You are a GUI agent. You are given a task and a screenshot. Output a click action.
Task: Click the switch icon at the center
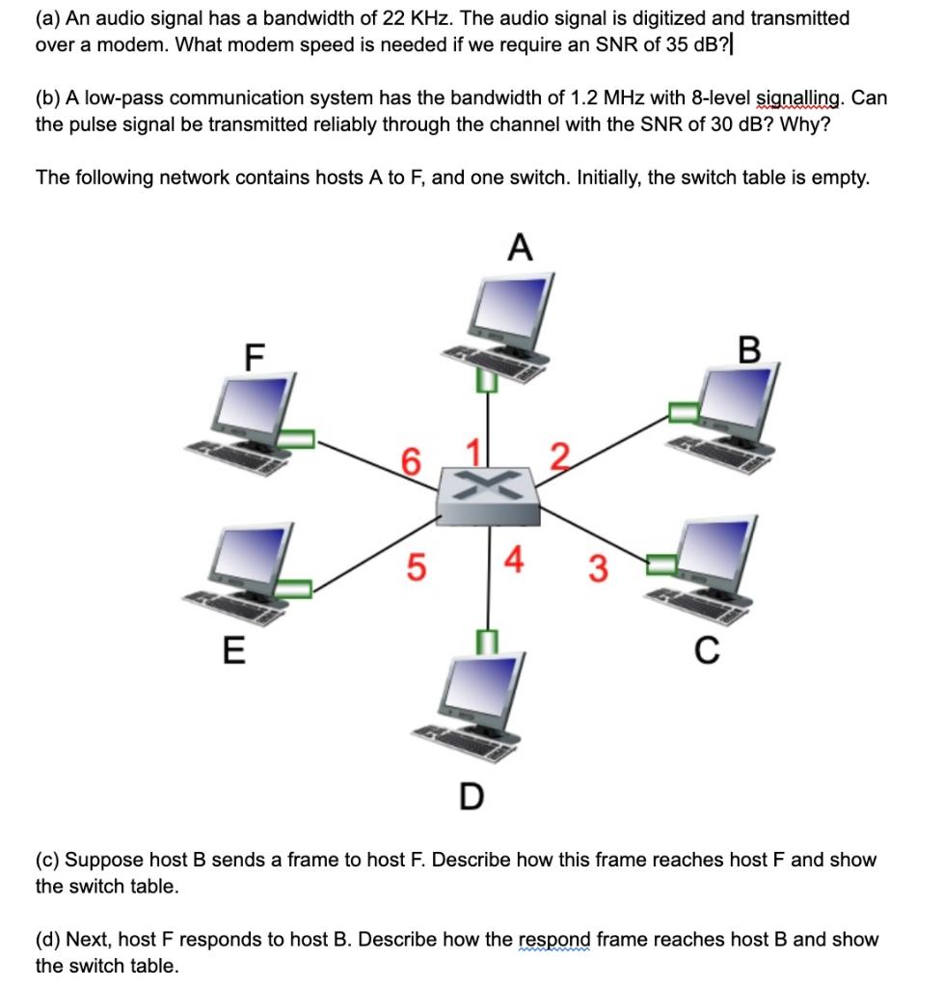tap(486, 494)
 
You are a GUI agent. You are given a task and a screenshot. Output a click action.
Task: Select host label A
tap(519, 249)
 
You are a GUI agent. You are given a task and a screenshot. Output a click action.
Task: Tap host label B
tap(749, 349)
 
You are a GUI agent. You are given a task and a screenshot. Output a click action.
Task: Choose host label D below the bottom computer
tap(470, 796)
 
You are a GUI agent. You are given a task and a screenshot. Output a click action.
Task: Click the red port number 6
tap(411, 462)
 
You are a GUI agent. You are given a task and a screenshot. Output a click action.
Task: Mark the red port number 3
tap(598, 571)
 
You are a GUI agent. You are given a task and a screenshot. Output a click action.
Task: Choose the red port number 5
tap(412, 569)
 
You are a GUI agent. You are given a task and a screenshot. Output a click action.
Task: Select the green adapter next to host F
tap(298, 439)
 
